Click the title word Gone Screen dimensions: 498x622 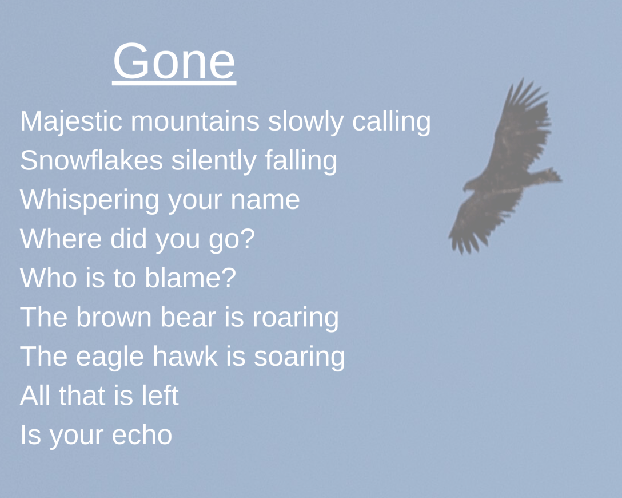174,61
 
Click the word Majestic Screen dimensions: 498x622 71,122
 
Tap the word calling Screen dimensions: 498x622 391,122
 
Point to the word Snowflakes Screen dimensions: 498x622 91,161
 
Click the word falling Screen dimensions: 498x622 301,161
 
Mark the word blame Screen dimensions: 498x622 190,278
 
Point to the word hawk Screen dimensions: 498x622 185,356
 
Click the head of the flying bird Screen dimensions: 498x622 468,186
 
